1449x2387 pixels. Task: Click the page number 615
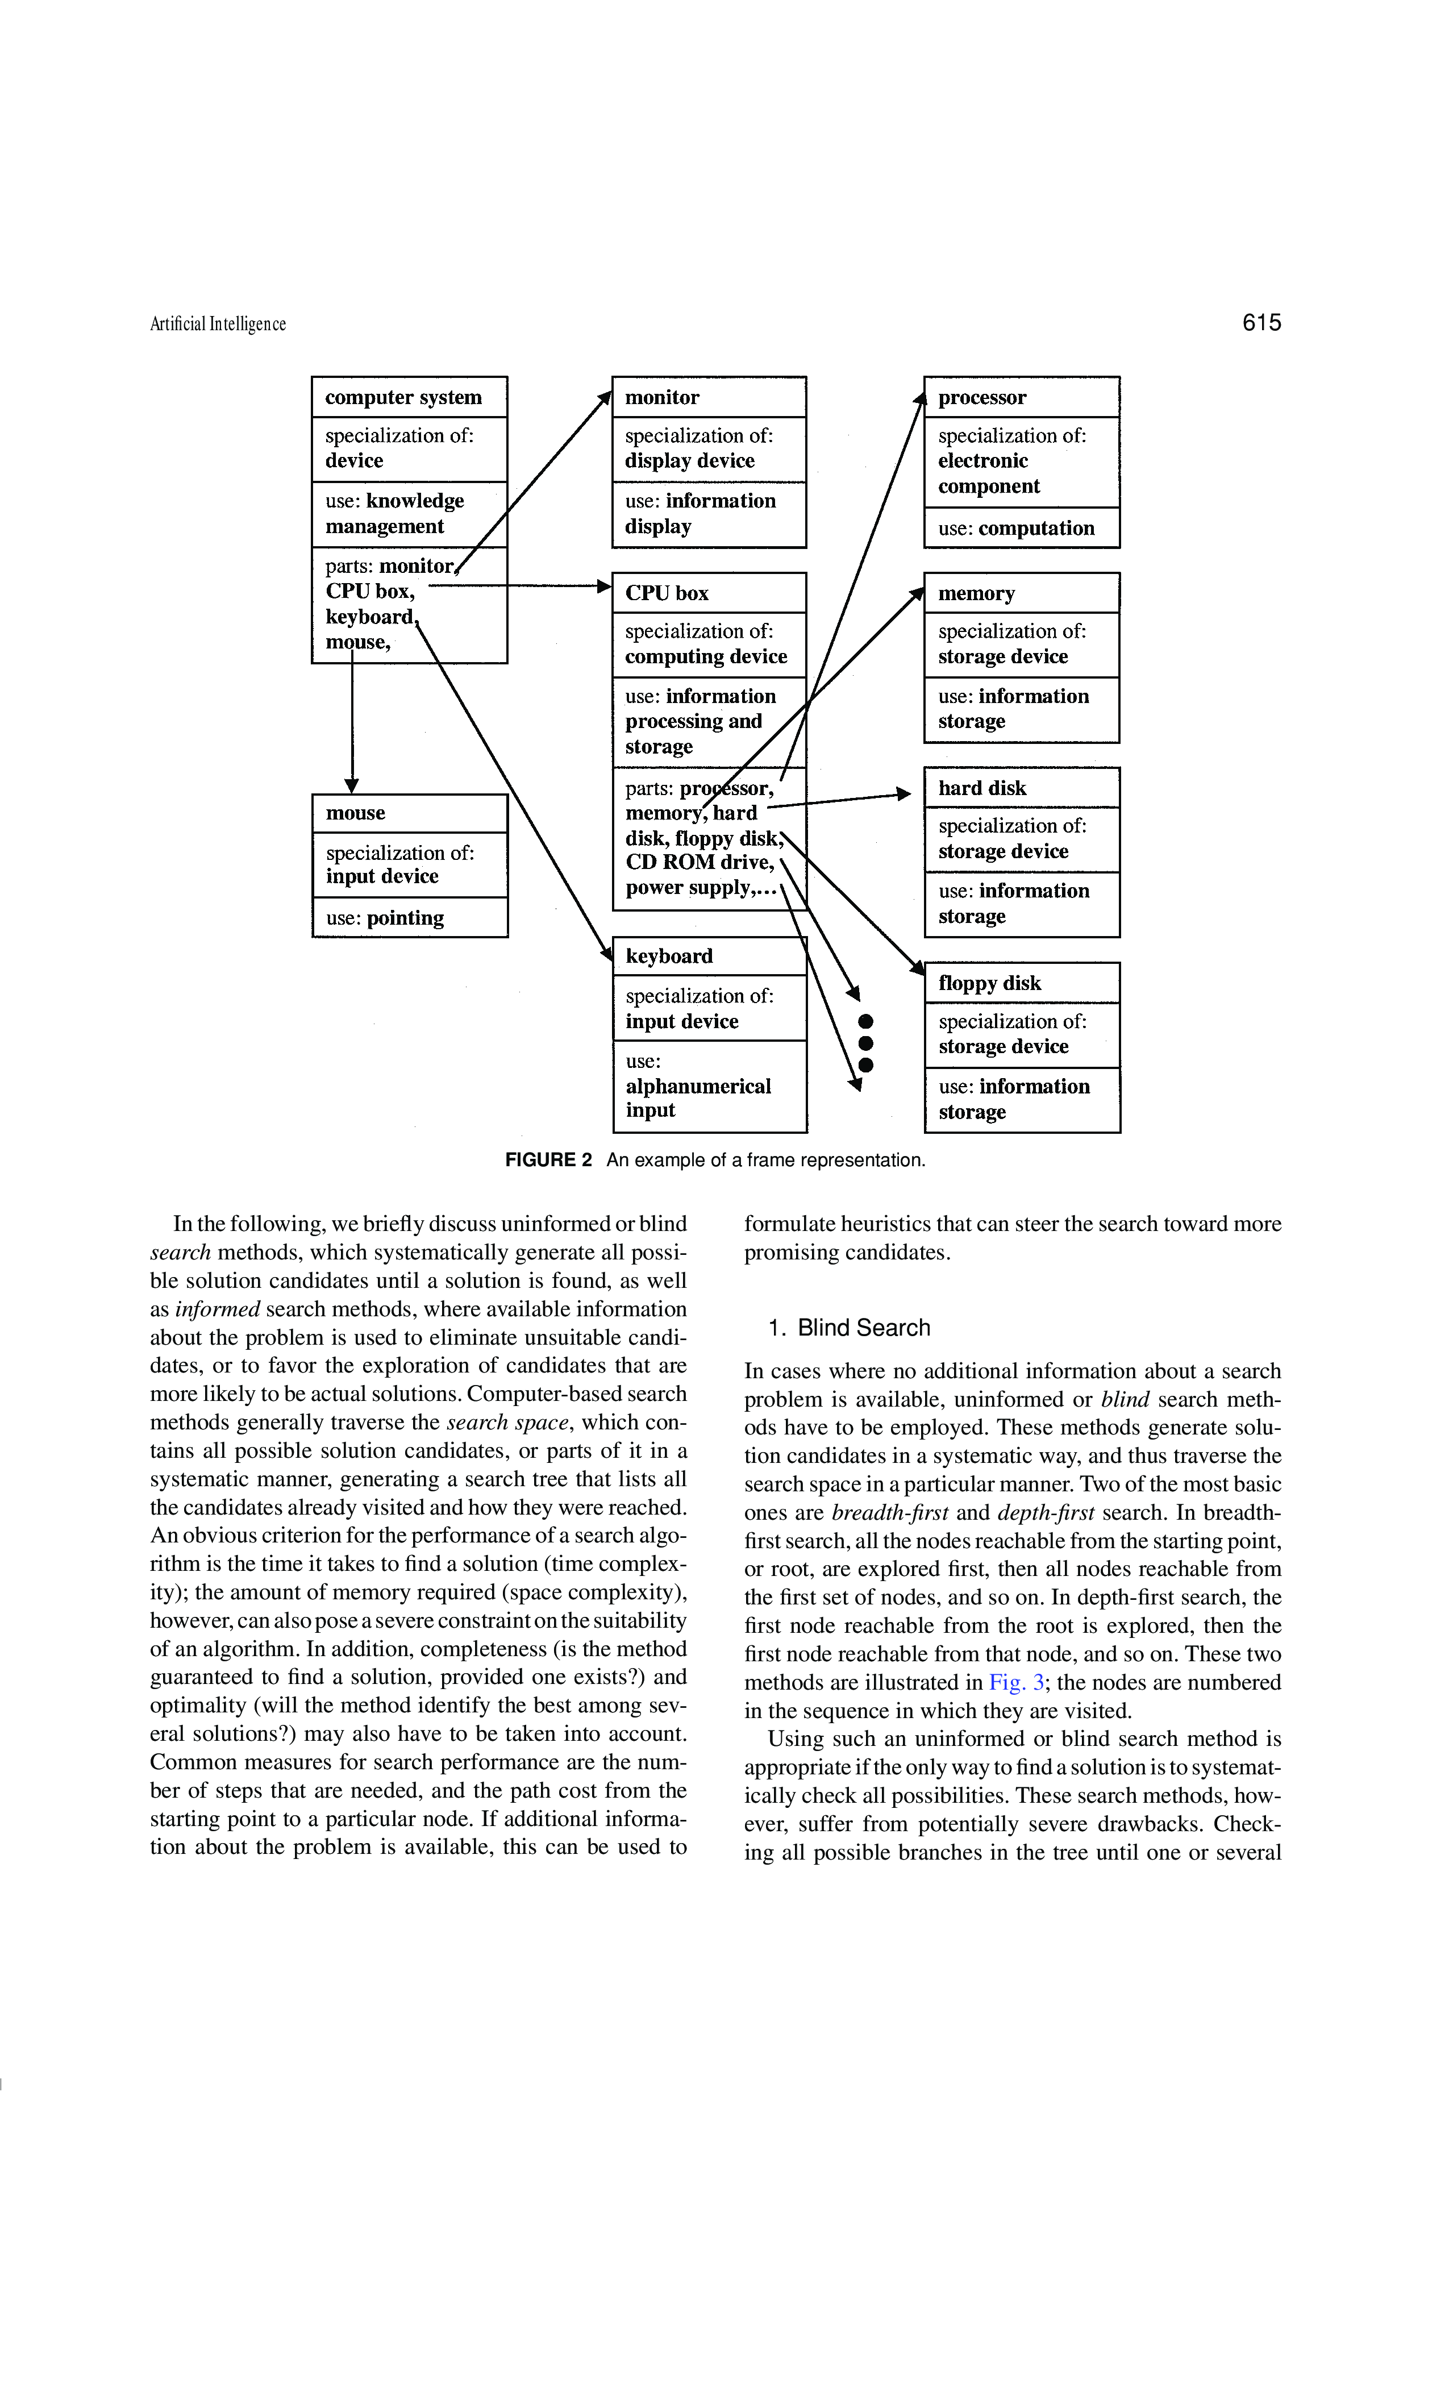point(1260,323)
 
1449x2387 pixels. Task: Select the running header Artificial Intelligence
point(218,325)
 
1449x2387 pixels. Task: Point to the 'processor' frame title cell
point(1022,397)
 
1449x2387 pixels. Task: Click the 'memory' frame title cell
point(1022,593)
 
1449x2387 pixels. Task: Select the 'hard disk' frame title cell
point(1022,788)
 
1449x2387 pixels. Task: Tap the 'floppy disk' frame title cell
point(1022,982)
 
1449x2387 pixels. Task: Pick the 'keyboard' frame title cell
point(709,956)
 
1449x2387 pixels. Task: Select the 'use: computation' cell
point(1022,528)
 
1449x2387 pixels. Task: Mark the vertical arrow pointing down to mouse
point(352,722)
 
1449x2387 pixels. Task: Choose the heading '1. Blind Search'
point(848,1327)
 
